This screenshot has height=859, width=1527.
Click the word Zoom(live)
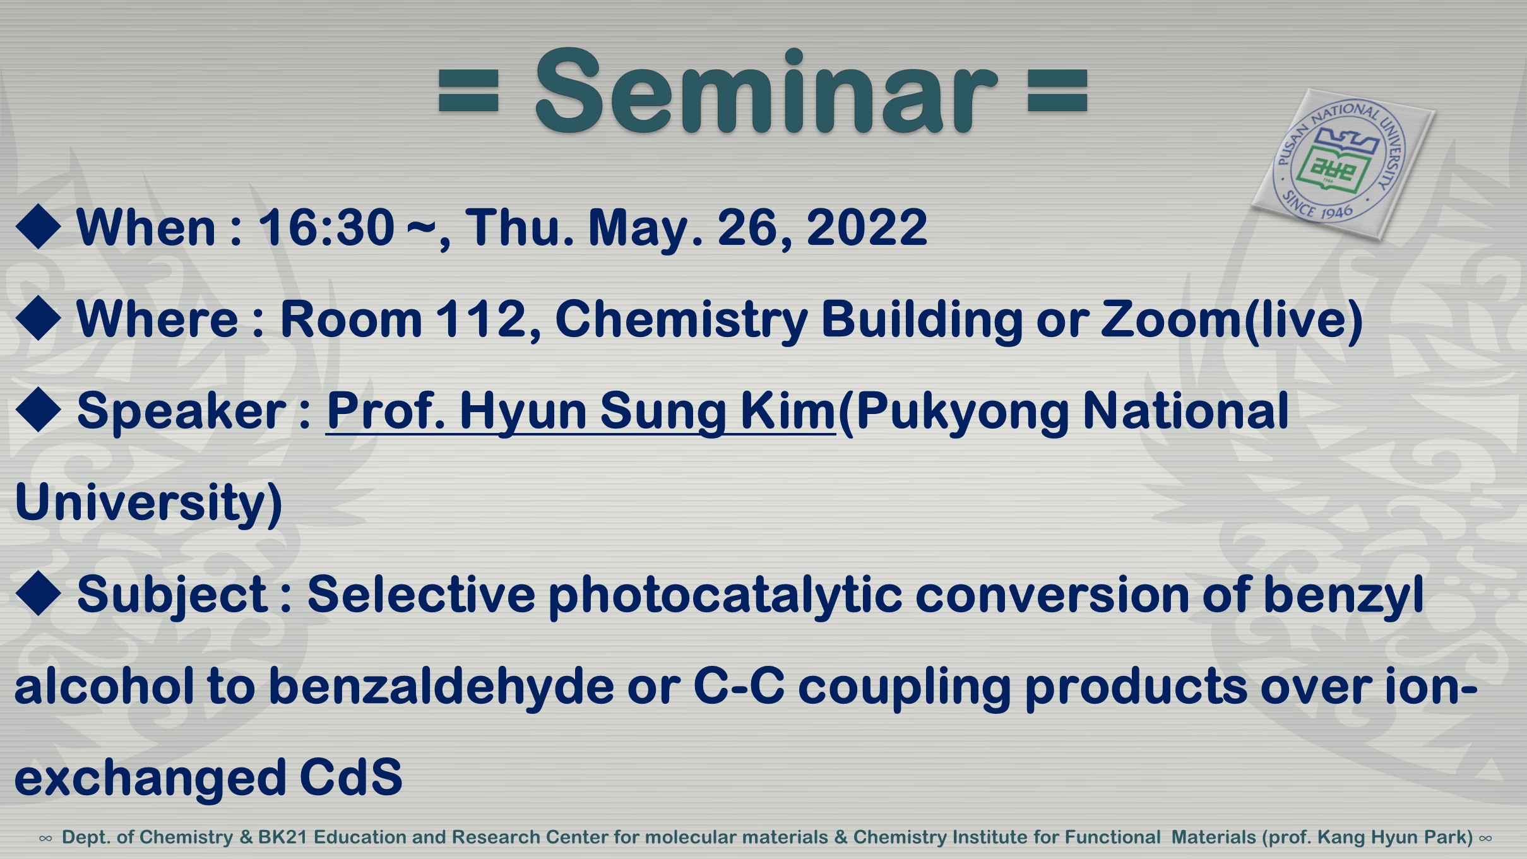coord(1232,320)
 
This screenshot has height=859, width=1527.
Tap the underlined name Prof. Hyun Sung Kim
coord(581,412)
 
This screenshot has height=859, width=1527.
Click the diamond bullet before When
coord(39,226)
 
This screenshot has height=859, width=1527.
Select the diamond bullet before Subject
coord(39,593)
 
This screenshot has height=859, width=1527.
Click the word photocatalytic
coord(725,596)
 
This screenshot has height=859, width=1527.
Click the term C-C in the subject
coord(739,686)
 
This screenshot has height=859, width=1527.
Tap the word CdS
coord(351,778)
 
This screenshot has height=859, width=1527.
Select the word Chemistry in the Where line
coord(681,320)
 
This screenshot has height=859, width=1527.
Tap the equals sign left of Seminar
coord(468,91)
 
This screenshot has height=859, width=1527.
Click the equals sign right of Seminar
coord(1058,91)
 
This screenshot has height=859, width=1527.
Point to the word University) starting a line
coord(148,504)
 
